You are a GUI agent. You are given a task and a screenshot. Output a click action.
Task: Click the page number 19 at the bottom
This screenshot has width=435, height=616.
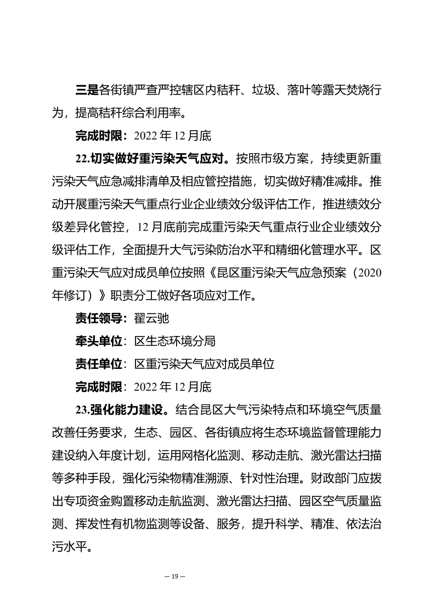pos(175,576)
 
